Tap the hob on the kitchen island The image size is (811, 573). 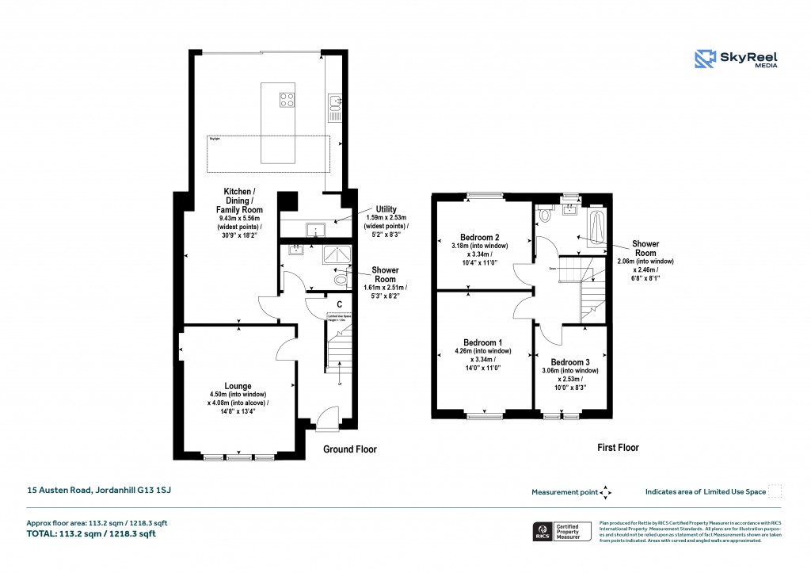(x=286, y=100)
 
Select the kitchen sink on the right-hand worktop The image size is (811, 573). (x=336, y=101)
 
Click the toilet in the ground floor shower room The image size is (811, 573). (x=341, y=279)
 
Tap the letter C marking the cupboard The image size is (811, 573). (x=339, y=304)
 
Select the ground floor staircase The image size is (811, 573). (x=338, y=345)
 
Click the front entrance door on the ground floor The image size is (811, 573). (x=326, y=418)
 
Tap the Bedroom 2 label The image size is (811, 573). (x=480, y=237)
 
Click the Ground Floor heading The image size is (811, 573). (x=349, y=449)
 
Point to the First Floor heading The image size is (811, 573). (x=617, y=448)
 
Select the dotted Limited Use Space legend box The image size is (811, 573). (x=775, y=491)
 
